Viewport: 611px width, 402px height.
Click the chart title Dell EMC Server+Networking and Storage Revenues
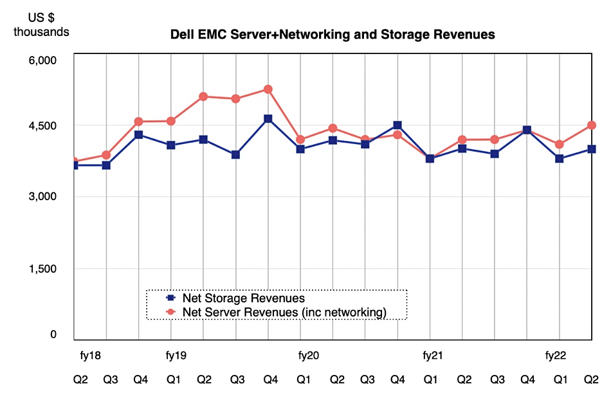pos(332,35)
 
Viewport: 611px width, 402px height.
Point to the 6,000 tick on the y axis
pos(44,60)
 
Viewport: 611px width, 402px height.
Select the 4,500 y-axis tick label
pos(44,126)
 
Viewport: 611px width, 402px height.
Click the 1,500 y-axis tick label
pos(44,269)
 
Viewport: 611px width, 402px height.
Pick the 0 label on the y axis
pos(54,334)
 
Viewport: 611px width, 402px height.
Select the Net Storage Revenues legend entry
pos(243,298)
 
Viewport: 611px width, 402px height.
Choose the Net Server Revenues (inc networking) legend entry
pos(284,313)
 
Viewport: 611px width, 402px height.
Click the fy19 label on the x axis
pos(176,355)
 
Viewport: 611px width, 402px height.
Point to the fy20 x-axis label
pos(309,355)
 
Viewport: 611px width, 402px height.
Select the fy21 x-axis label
pos(433,355)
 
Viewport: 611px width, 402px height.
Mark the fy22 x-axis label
pos(556,355)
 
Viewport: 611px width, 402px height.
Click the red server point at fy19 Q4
pos(268,89)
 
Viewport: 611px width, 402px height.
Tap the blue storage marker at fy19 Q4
pos(268,119)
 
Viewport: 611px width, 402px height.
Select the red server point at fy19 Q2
pos(203,96)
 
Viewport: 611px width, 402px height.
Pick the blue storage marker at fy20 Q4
pos(397,125)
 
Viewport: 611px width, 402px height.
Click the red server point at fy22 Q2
pos(592,125)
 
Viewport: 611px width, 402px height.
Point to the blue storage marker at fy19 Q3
pos(235,154)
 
